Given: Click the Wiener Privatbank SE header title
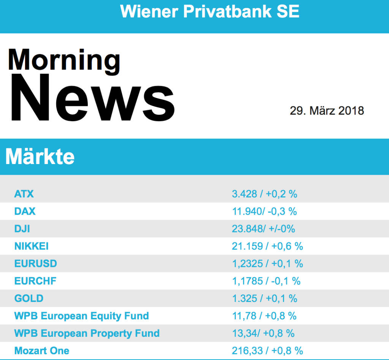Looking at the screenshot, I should (210, 11).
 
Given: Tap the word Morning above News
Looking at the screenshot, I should (64, 60).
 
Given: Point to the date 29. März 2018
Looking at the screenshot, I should (327, 111).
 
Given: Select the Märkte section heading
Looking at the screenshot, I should (40, 156).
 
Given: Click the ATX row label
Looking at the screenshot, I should (24, 194).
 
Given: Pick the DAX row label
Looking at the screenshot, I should (25, 212).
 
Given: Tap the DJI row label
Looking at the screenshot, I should (22, 229).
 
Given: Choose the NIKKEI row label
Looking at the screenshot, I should (32, 246).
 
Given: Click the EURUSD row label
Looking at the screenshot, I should (36, 264).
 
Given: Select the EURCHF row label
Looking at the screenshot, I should (35, 281).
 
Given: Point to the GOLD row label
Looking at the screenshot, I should (29, 298).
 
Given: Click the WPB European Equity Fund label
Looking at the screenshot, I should (82, 316).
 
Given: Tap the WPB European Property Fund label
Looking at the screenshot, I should (87, 333).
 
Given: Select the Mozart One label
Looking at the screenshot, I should (42, 351).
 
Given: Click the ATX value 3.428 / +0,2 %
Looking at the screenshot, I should (264, 194).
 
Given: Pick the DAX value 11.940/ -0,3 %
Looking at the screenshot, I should (264, 212).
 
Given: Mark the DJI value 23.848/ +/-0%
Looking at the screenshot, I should (263, 229).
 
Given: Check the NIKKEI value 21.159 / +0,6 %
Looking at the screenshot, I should (267, 246).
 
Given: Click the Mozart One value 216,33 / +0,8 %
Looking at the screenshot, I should (267, 351).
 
